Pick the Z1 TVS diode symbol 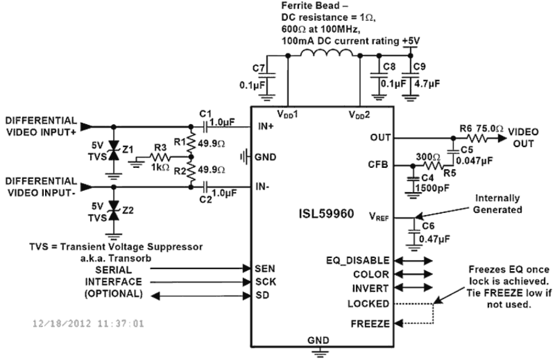(x=114, y=151)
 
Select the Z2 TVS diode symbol (x=114, y=212)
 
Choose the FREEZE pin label (x=370, y=324)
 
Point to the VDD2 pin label (x=359, y=114)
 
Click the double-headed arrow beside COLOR (x=412, y=274)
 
